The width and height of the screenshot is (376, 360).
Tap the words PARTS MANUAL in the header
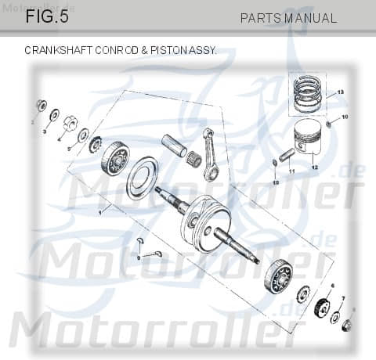[x=288, y=18]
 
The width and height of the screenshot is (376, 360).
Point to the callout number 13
[x=341, y=92]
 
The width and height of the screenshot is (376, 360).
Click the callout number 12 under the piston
[x=314, y=167]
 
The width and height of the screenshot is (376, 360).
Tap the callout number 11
[x=291, y=171]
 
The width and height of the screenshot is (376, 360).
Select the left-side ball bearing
[x=114, y=160]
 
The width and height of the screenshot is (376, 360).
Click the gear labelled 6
[x=322, y=308]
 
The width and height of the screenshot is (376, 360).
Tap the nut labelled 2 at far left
[x=42, y=106]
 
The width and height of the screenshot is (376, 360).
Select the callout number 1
[x=99, y=212]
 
